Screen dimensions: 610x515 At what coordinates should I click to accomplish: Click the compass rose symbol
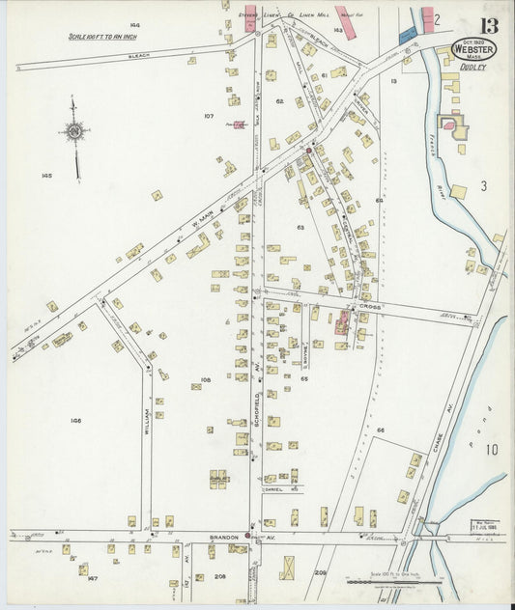74,128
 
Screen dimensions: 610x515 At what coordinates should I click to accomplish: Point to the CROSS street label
372,305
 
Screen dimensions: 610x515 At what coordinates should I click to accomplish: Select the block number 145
45,175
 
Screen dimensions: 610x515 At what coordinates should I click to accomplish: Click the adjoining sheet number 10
492,448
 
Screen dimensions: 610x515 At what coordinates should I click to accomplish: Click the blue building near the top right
407,34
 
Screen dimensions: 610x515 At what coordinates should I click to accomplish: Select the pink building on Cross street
341,323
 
